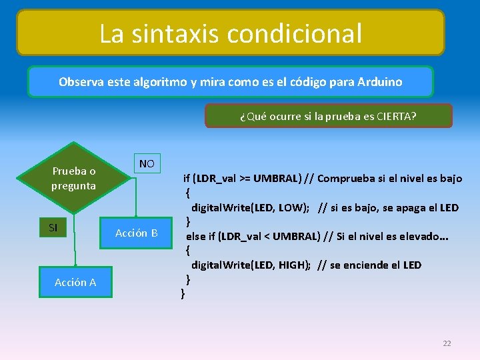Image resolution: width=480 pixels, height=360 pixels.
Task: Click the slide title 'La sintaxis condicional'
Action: click(231, 33)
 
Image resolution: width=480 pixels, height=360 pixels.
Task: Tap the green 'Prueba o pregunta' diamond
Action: click(74, 178)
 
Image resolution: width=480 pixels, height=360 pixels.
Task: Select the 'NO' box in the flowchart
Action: click(147, 164)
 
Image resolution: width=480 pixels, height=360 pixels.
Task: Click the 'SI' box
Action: click(53, 228)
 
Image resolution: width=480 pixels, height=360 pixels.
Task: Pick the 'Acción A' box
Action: click(75, 282)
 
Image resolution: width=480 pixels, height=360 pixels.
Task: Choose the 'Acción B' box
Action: click(136, 233)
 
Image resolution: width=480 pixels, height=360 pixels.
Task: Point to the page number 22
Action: click(447, 343)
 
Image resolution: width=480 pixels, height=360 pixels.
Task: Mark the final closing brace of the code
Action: click(183, 293)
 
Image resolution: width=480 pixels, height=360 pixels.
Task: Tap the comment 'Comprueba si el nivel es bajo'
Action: click(389, 179)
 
